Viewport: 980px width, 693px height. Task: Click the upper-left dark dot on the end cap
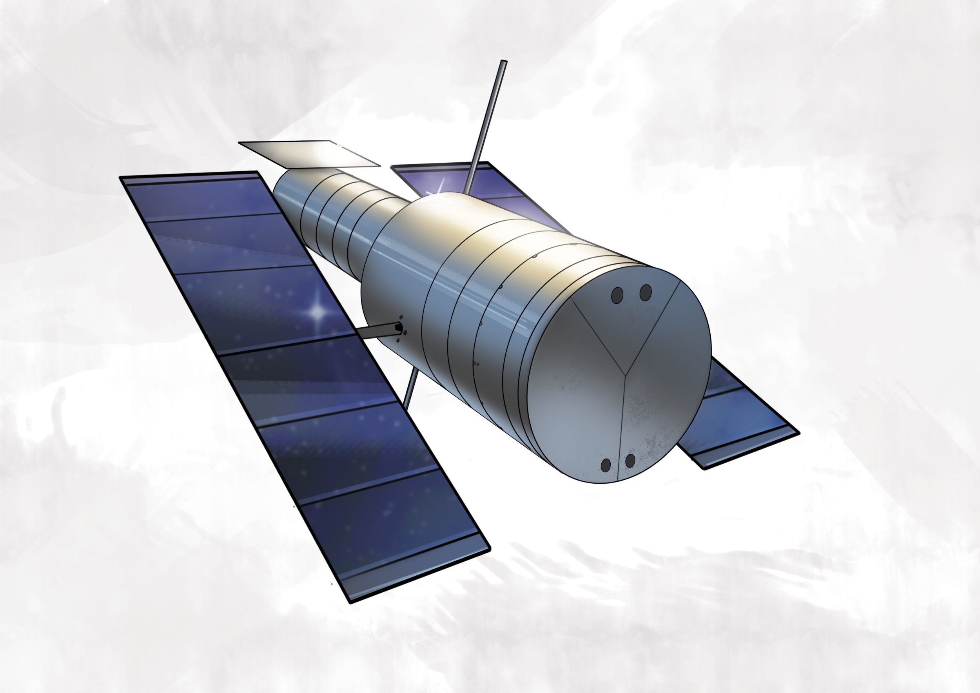click(617, 295)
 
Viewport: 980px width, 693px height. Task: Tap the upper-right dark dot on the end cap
click(646, 292)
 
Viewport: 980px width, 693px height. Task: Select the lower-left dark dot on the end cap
click(606, 465)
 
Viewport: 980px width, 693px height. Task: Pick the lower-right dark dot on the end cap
click(630, 461)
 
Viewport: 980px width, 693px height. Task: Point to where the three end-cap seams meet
click(626, 375)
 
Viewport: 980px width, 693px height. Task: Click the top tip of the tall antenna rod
click(504, 62)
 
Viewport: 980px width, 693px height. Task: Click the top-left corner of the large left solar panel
click(121, 177)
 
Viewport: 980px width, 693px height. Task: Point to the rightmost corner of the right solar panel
click(799, 432)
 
